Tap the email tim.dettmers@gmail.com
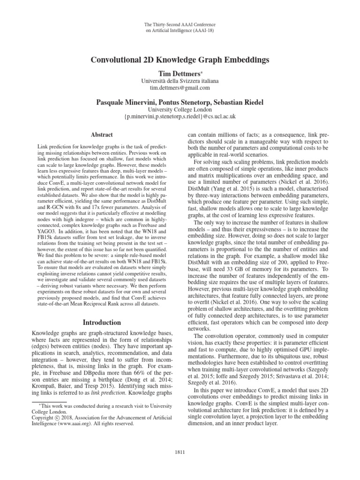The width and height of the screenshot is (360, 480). click(180, 87)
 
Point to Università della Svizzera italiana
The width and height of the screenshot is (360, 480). click(180, 80)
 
